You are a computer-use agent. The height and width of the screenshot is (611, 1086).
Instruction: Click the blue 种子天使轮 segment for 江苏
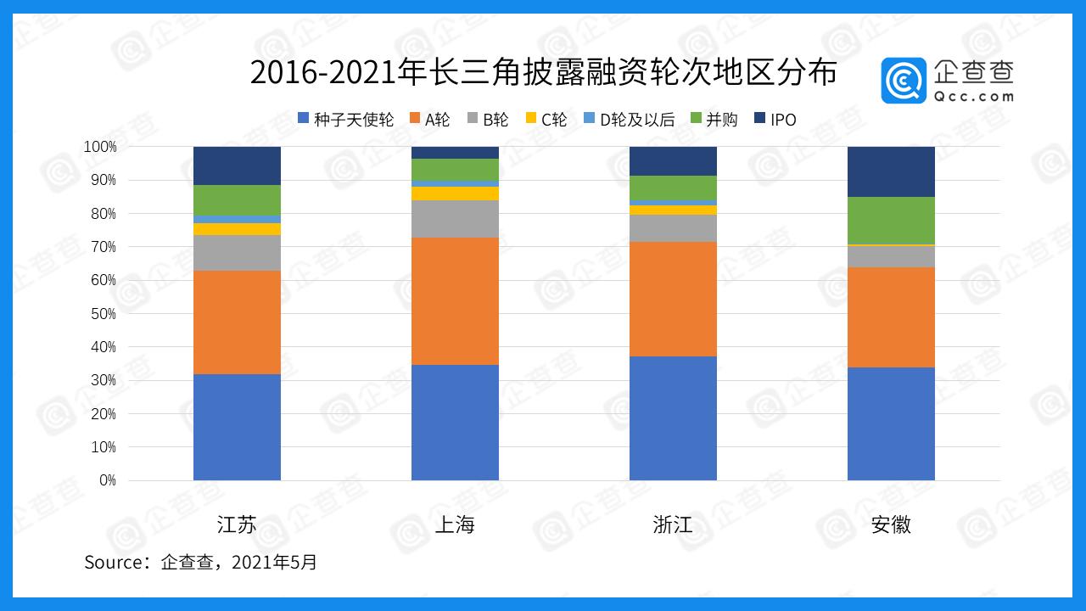pyautogui.click(x=237, y=427)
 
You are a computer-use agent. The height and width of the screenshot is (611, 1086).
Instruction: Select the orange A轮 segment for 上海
pyautogui.click(x=455, y=301)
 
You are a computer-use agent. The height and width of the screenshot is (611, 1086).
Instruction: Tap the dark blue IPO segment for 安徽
pyautogui.click(x=891, y=171)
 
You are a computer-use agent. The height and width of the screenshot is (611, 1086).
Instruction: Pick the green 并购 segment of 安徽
pyautogui.click(x=891, y=221)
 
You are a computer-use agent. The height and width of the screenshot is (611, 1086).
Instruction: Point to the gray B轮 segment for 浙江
pyautogui.click(x=673, y=228)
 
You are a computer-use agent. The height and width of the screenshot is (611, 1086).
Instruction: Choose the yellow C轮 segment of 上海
pyautogui.click(x=455, y=193)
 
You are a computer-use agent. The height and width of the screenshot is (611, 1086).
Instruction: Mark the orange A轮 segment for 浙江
pyautogui.click(x=673, y=299)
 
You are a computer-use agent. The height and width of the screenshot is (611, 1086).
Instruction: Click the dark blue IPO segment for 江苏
pyautogui.click(x=237, y=165)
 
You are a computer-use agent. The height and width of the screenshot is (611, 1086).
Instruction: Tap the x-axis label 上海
pyautogui.click(x=455, y=524)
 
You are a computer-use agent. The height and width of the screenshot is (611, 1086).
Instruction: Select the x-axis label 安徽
pyautogui.click(x=891, y=524)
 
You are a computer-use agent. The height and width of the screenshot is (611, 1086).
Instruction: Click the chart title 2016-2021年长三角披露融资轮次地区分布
pyautogui.click(x=543, y=74)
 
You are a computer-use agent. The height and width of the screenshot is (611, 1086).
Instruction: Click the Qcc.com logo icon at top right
pyautogui.click(x=904, y=81)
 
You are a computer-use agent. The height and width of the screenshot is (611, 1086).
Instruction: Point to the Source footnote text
pyautogui.click(x=200, y=562)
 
